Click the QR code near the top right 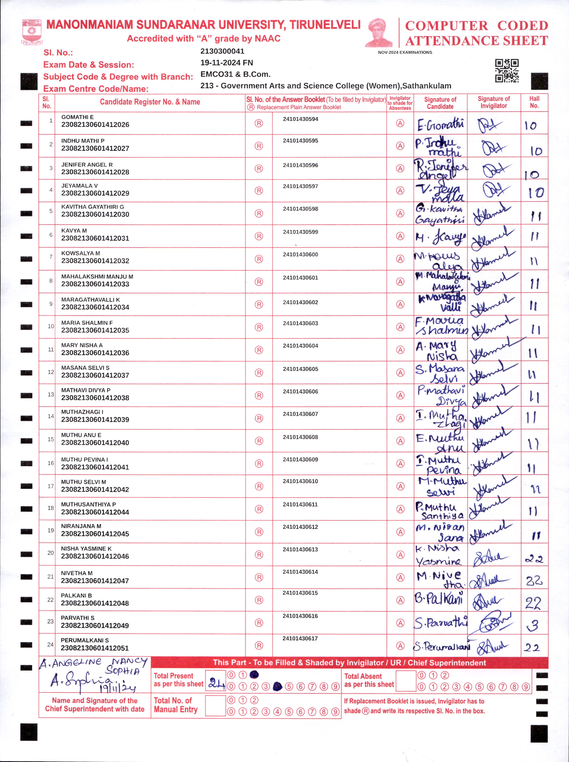coord(507,71)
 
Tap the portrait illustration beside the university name coord(379,33)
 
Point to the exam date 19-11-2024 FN coord(227,63)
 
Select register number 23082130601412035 coord(95,330)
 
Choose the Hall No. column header coord(534,102)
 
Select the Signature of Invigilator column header coord(494,102)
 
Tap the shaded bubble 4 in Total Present coord(277,687)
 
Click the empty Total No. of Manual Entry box coord(215,705)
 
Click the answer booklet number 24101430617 coord(300,639)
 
